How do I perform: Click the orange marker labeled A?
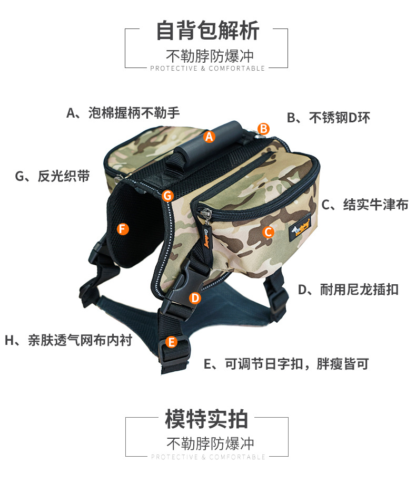pos(210,137)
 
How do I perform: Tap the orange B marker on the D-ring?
pos(264,128)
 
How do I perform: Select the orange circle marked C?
pos(268,231)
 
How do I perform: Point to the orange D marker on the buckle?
pos(195,298)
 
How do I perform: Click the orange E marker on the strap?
pos(171,342)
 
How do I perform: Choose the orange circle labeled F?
pos(122,228)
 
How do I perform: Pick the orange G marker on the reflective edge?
pos(167,196)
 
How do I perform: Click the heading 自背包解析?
pos(207,30)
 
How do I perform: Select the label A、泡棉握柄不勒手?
pos(123,113)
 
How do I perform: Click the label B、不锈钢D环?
pos(328,118)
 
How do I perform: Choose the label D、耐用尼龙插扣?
pos(348,289)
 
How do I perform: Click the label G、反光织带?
pos(52,176)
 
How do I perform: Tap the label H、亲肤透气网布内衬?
pos(68,340)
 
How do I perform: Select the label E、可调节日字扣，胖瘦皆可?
pos(286,364)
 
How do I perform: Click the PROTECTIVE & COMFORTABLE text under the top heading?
pos(207,69)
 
